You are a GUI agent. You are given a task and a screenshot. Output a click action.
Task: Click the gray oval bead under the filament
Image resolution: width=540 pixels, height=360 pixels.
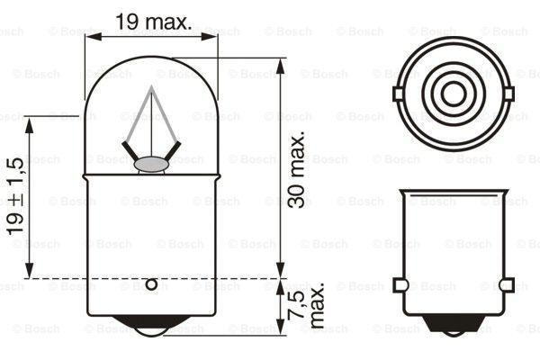(151, 164)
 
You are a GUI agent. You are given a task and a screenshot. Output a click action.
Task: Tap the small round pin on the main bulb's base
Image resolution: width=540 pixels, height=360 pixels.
(151, 285)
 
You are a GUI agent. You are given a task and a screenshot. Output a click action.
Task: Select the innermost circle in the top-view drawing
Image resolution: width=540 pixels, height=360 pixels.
(454, 93)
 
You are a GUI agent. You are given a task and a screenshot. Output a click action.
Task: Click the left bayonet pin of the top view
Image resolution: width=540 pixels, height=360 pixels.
(399, 93)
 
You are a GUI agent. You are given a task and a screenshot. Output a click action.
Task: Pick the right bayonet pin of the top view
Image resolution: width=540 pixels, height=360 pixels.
(508, 93)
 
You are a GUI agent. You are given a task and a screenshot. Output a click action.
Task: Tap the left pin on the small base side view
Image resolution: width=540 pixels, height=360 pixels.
(400, 285)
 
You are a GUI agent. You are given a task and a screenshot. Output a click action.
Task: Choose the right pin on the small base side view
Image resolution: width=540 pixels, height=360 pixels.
(508, 285)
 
